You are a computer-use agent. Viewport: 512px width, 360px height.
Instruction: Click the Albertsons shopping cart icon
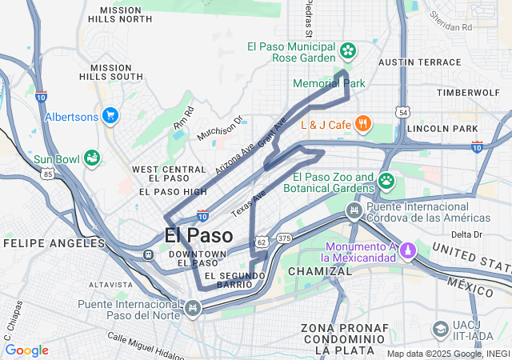110,116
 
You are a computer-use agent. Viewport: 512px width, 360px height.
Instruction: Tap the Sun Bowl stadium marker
92,158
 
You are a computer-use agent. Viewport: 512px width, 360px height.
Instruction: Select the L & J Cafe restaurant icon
363,123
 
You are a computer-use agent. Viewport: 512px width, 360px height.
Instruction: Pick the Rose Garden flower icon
348,52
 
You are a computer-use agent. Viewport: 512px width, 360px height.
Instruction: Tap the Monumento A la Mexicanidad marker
407,250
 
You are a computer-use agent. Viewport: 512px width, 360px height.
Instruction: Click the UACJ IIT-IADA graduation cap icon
440,330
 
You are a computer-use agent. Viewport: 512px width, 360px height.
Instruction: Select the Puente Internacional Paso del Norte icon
192,307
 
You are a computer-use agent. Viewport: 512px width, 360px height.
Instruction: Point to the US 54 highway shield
403,114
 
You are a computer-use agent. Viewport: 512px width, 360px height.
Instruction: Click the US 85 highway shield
49,173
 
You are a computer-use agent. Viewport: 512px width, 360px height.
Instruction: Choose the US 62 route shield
262,240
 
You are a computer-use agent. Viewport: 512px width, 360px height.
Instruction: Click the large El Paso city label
198,236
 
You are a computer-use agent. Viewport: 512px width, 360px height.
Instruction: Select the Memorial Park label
329,83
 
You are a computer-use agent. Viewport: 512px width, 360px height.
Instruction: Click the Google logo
27,350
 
